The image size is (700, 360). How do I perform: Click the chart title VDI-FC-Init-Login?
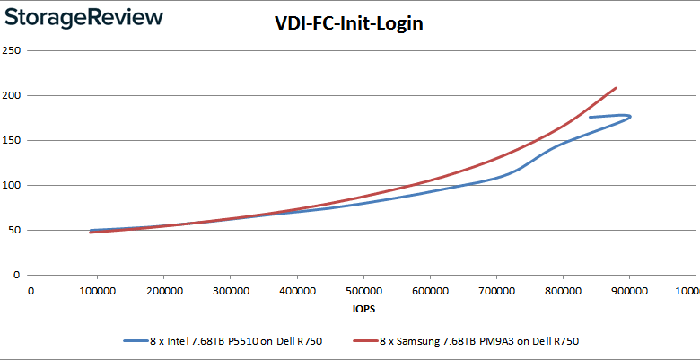(x=348, y=24)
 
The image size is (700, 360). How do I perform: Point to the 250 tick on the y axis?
(x=13, y=50)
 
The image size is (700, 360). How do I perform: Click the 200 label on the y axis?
(x=13, y=95)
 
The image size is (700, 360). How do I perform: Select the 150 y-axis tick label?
(x=13, y=140)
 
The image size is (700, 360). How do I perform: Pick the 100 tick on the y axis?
(x=13, y=185)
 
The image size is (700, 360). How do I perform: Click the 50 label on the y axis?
(x=15, y=230)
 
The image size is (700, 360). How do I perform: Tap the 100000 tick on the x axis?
(x=97, y=290)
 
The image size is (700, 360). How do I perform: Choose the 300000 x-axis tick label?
(x=230, y=290)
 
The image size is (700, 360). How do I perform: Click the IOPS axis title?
(x=363, y=309)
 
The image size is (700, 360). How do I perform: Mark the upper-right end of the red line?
(x=616, y=88)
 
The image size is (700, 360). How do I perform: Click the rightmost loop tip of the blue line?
(x=630, y=117)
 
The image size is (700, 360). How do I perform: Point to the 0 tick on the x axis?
(x=31, y=290)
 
